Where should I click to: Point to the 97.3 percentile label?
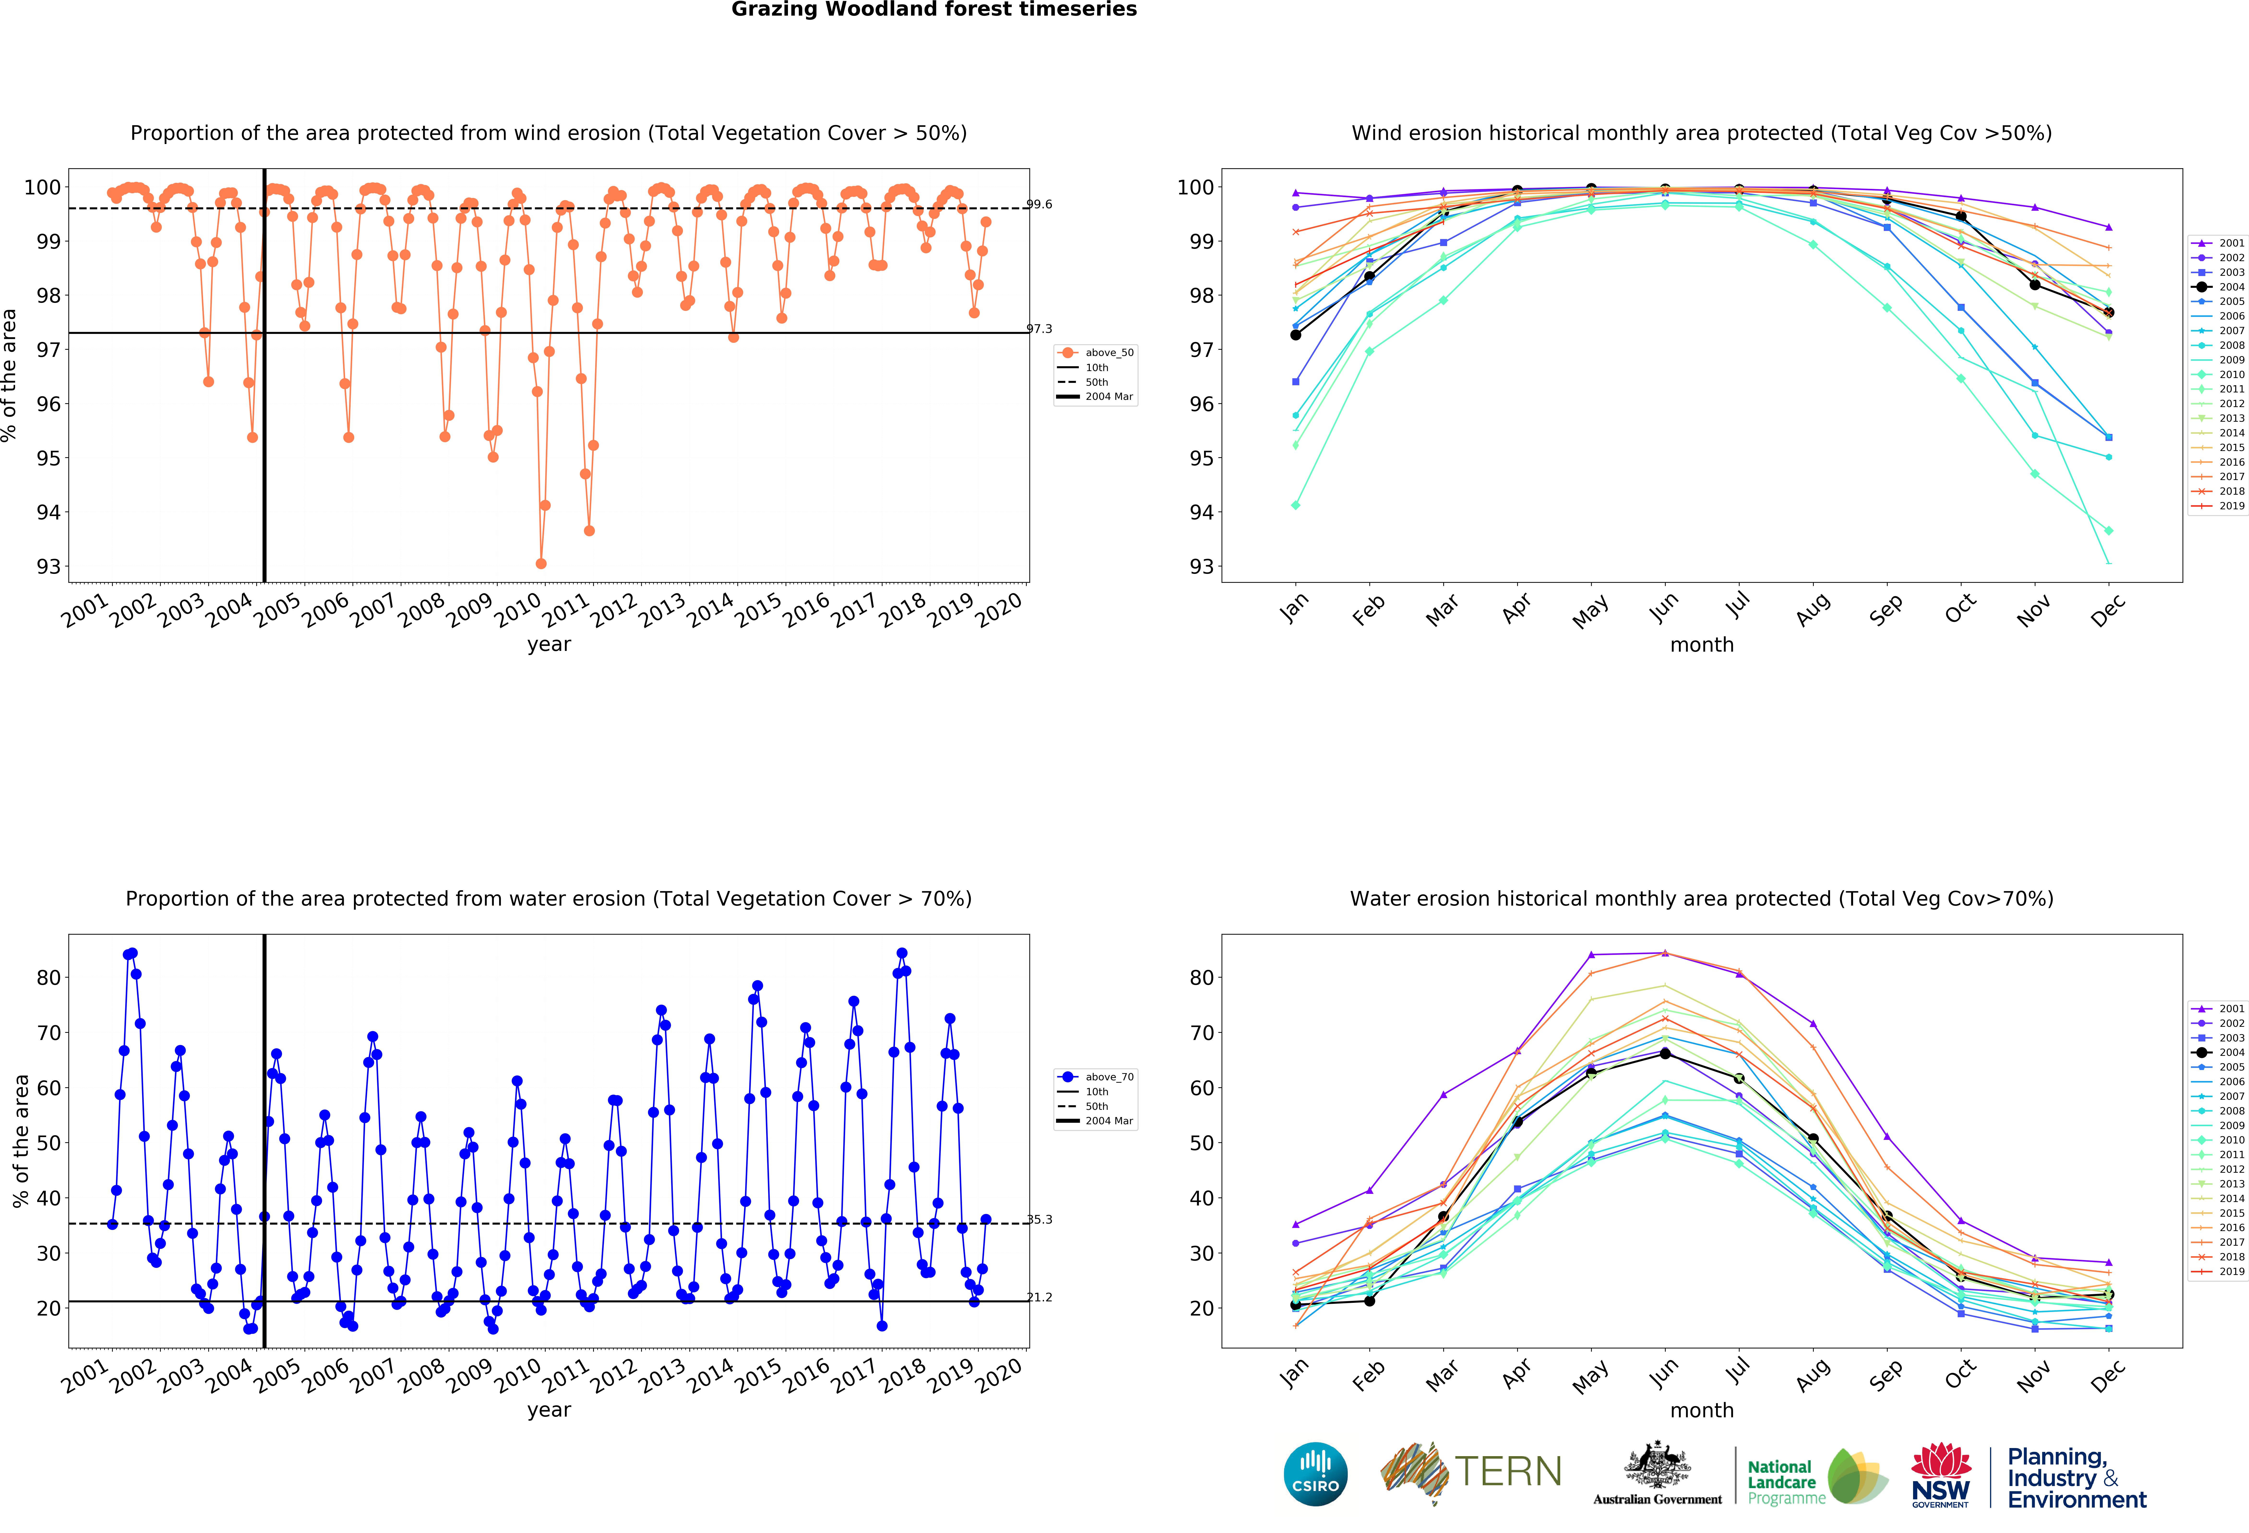[1039, 329]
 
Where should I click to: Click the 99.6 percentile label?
[1039, 204]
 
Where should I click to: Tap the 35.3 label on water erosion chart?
[1039, 1220]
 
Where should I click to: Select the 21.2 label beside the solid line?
[1039, 1297]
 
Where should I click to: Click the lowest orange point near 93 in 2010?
[541, 563]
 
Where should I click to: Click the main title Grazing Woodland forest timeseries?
[934, 10]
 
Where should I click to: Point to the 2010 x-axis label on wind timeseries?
[518, 610]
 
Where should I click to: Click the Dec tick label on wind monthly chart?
[2108, 610]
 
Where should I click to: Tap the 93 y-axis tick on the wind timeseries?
[48, 566]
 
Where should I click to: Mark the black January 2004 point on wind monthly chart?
[1296, 335]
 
